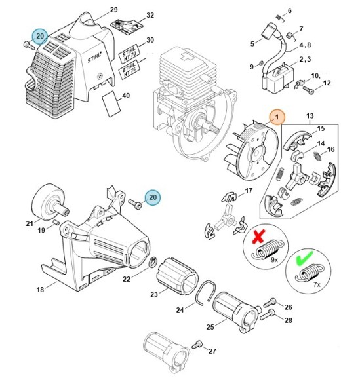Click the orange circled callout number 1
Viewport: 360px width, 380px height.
pos(277,117)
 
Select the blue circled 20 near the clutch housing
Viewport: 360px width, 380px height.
pos(153,196)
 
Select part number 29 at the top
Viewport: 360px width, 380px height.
pos(113,10)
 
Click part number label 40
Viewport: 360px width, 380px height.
pos(126,96)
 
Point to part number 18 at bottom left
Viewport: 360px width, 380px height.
pos(39,289)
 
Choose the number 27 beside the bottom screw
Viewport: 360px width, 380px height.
pos(212,351)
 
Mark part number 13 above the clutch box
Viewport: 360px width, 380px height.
pos(310,116)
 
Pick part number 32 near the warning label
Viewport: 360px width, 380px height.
pos(150,15)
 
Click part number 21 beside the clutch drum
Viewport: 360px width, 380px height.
pos(30,224)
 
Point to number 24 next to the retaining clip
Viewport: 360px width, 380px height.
pos(180,310)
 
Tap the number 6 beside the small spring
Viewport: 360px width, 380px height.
pos(290,11)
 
